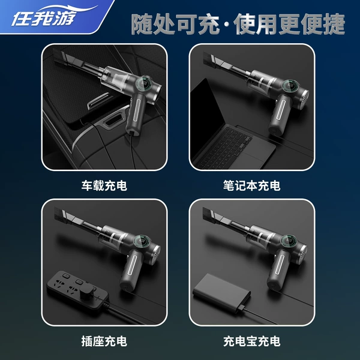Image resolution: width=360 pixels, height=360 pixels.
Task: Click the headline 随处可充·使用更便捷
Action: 238,24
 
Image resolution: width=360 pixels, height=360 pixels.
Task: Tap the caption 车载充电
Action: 104,185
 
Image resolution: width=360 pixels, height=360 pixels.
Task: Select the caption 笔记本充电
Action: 251,185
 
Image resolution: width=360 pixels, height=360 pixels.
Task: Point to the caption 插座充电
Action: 104,341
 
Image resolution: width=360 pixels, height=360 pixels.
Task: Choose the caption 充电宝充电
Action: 251,341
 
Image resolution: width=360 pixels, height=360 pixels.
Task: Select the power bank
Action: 221,293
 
